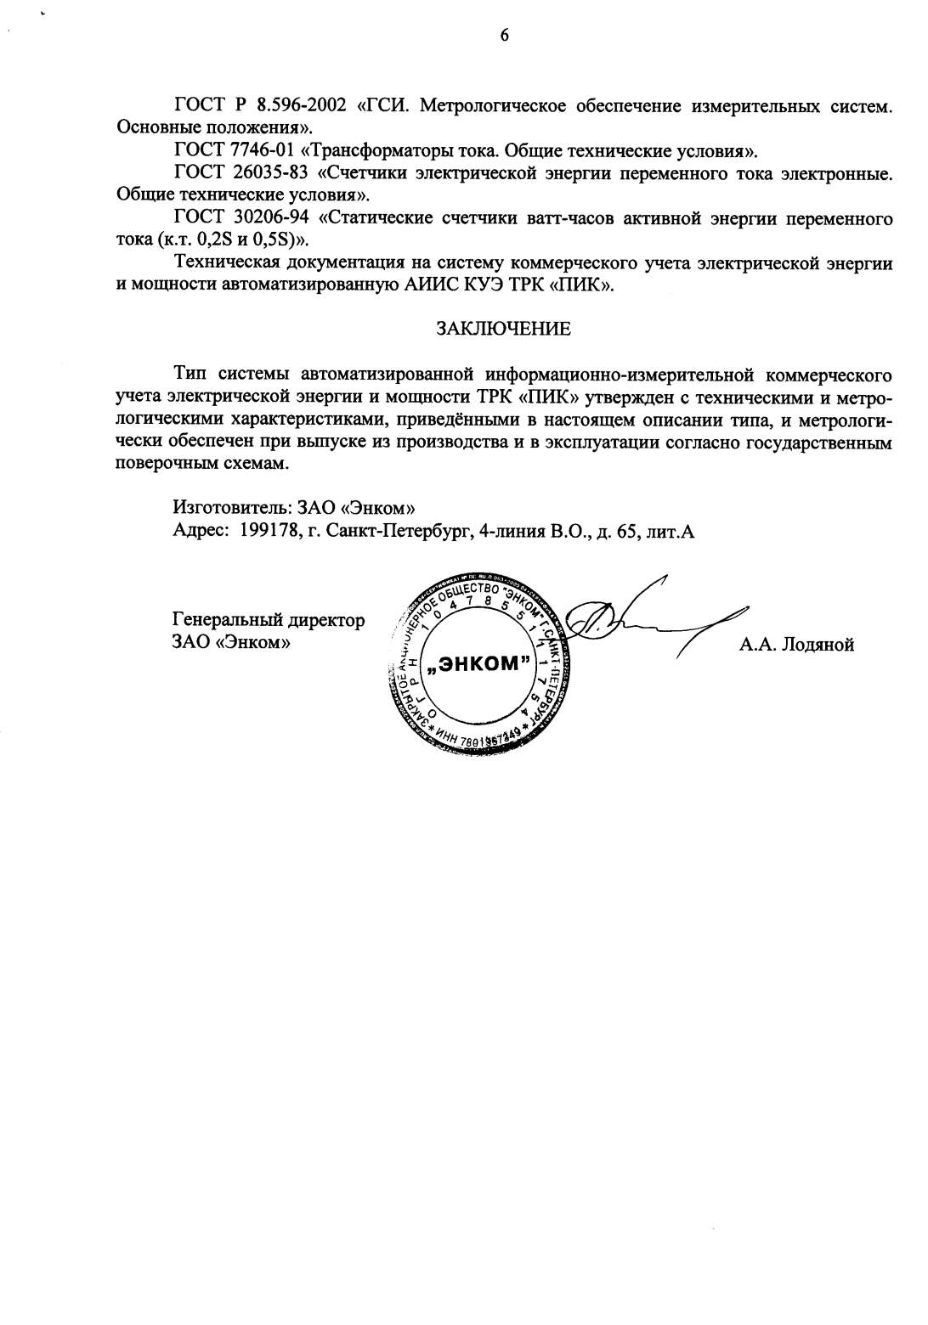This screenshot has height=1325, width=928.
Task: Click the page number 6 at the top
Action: tap(504, 35)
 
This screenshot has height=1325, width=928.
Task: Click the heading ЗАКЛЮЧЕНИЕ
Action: tap(503, 330)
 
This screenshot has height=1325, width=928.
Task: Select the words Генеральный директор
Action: tap(269, 620)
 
